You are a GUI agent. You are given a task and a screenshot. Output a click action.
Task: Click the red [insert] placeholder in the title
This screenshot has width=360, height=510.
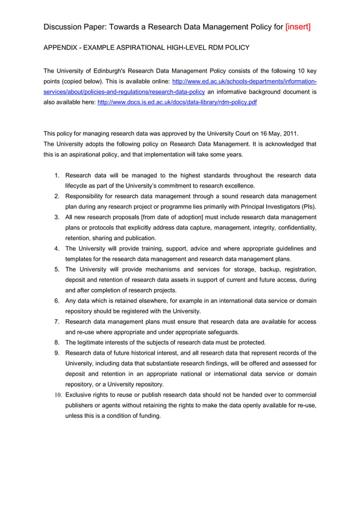[x=298, y=27]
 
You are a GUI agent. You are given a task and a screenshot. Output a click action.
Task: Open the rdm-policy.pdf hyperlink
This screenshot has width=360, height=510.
[x=177, y=102]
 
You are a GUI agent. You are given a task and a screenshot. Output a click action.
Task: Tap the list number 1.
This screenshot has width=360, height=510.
[x=57, y=175]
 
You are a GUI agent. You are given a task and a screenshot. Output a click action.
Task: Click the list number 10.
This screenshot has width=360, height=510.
[x=58, y=395]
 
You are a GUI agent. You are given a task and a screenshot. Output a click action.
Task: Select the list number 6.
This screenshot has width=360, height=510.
[x=57, y=300]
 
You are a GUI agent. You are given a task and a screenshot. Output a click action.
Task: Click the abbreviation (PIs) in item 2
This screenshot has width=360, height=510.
[x=308, y=207]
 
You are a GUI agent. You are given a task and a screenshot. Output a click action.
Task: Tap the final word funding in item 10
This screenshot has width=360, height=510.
[x=148, y=416]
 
